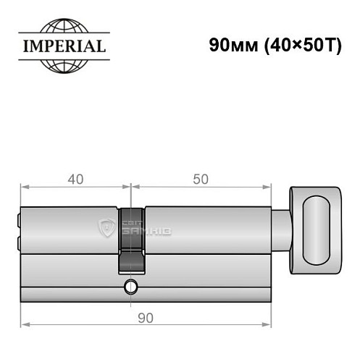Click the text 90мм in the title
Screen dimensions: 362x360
(230, 43)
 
